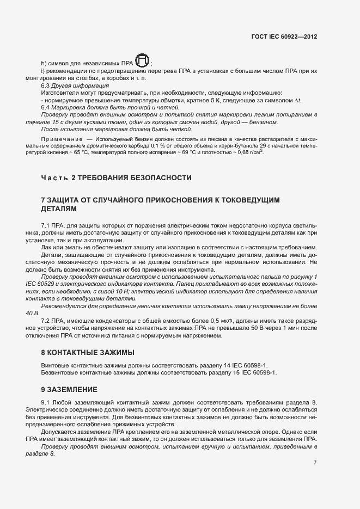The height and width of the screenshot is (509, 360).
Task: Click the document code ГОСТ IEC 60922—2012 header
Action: point(284,36)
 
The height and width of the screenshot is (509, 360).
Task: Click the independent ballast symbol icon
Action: point(143,61)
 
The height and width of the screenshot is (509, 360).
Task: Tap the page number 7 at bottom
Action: point(315,462)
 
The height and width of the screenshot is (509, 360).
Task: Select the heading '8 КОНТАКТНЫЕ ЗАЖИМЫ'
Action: point(88,353)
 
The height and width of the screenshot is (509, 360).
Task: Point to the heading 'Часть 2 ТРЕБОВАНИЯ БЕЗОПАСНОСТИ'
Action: point(117,178)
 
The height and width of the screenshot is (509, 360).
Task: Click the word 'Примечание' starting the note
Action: point(60,140)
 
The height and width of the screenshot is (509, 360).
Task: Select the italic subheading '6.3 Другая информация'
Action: point(67,86)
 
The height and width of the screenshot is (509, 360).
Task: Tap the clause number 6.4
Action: point(46,107)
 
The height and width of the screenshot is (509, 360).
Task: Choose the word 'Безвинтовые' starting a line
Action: point(59,373)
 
